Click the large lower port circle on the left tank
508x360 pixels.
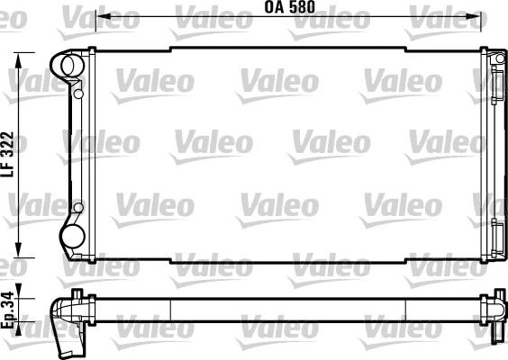71,236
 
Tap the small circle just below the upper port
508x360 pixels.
78,92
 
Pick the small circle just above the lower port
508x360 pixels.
78,209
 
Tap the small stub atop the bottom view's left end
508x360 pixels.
78,293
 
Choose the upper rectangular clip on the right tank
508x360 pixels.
498,98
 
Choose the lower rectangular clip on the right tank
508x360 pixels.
498,228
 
